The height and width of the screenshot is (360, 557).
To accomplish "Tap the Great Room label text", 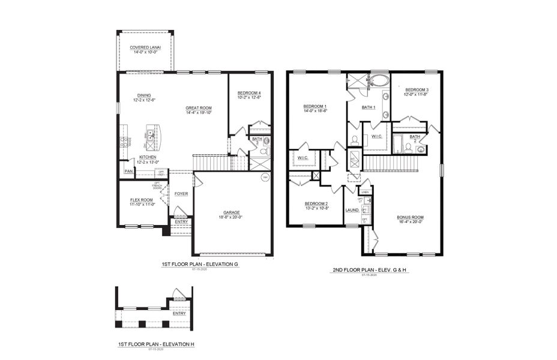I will click(x=199, y=108).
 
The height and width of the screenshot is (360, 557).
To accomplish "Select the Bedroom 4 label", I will click(x=249, y=92).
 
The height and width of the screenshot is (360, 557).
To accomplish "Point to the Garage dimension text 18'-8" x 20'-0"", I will click(x=232, y=217).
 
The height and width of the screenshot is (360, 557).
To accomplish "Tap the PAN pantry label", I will click(x=128, y=172).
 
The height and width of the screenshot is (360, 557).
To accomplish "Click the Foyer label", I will click(x=181, y=194).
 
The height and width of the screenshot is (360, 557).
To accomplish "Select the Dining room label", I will click(x=144, y=95).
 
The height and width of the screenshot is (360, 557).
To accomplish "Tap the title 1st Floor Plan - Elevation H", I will click(x=156, y=344).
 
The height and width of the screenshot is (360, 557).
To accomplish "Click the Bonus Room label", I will click(x=410, y=217).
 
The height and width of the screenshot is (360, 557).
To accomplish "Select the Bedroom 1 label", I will click(x=315, y=106).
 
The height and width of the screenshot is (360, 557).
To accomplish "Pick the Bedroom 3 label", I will click(x=416, y=90).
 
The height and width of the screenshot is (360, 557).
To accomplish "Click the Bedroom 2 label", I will click(x=316, y=203).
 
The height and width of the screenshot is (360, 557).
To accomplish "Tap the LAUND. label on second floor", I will click(x=352, y=210).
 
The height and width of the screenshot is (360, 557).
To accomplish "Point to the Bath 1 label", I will click(x=369, y=107).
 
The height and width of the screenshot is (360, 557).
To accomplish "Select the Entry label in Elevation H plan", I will click(x=179, y=313).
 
